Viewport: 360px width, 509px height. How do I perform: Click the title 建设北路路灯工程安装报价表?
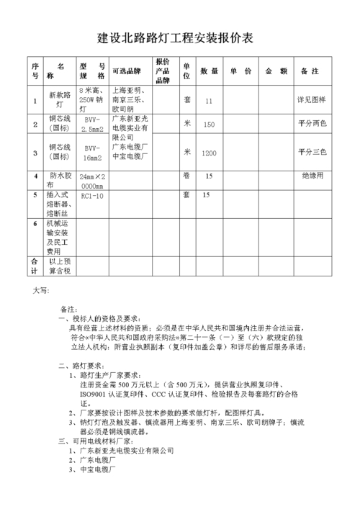pos(180,37)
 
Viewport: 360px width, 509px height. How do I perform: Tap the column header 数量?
pos(209,71)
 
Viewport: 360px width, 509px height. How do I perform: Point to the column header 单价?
pos(241,71)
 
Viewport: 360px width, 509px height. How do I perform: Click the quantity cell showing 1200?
pos(209,153)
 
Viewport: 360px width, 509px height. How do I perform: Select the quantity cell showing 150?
pos(209,125)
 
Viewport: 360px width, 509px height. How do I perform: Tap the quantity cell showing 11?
pos(209,102)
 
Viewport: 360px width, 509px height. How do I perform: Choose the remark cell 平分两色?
pos(312,125)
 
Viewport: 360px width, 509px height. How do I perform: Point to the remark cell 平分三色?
pos(312,153)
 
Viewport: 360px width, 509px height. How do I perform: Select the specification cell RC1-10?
pos(92,195)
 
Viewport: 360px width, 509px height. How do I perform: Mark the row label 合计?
pos(34,265)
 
